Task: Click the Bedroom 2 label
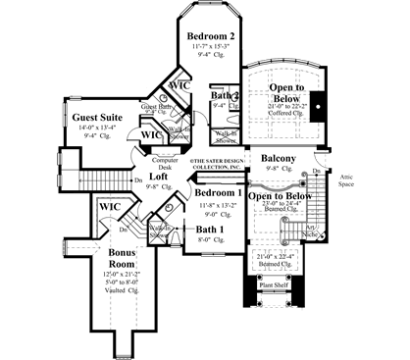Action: [213, 35]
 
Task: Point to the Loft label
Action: [158, 177]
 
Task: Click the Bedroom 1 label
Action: [218, 193]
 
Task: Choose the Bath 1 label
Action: [209, 229]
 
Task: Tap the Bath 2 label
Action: [226, 96]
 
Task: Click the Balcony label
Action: [279, 158]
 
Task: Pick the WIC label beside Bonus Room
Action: [109, 207]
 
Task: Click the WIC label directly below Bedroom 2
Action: [179, 85]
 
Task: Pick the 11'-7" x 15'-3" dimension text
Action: [213, 46]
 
